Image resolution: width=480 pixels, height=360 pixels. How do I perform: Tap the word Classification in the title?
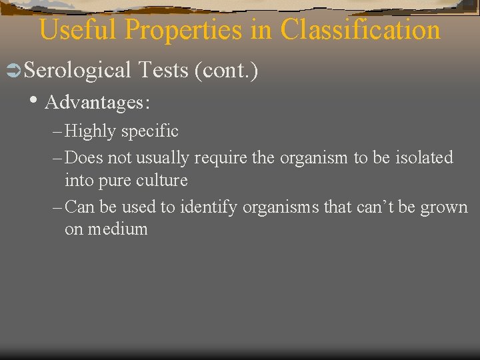click(360, 30)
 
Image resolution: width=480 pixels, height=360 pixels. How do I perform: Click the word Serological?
click(78, 69)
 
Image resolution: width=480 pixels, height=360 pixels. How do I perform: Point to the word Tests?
click(163, 69)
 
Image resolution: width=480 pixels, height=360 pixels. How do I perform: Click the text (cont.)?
click(226, 69)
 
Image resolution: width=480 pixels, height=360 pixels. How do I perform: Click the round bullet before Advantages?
click(34, 101)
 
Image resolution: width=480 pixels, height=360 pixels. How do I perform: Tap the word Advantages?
click(97, 103)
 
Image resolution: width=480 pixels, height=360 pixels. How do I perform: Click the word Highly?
click(91, 131)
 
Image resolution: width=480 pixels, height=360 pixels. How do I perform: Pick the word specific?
click(150, 131)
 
